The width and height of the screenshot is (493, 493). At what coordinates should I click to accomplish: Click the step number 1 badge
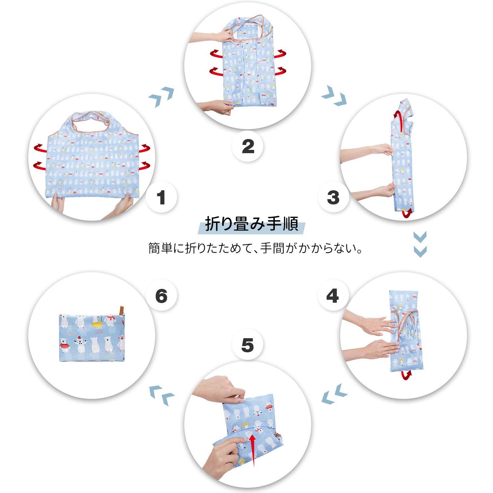[161, 198]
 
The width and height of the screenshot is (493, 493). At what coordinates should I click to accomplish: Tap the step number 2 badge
[248, 146]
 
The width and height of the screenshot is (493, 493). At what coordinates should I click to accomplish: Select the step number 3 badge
[333, 198]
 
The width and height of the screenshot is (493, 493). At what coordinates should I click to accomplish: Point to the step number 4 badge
[333, 296]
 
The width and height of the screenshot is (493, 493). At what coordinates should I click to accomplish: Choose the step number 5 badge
[247, 345]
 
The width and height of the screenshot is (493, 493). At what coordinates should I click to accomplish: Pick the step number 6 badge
[161, 296]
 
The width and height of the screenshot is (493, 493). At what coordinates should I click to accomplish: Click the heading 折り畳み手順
[251, 224]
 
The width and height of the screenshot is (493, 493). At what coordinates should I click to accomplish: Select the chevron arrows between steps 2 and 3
[334, 95]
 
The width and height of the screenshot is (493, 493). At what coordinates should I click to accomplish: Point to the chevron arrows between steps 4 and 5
[334, 393]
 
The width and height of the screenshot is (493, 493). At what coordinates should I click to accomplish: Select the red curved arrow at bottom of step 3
[408, 213]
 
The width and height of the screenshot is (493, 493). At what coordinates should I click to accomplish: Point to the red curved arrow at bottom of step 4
[407, 375]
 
